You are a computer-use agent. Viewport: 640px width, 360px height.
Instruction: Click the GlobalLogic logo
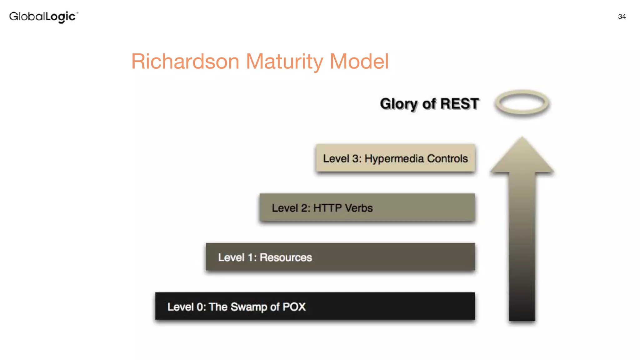point(43,17)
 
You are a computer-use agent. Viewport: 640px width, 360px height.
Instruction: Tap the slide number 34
point(622,17)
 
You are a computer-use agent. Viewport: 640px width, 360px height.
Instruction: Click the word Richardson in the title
point(185,61)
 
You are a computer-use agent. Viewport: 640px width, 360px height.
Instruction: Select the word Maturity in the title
point(284,61)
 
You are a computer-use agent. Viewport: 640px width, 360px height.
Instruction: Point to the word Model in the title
point(359,61)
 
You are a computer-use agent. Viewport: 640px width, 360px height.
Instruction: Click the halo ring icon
point(522,103)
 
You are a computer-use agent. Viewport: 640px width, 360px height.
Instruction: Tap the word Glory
point(398,104)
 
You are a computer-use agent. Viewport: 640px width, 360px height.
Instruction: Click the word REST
point(459,104)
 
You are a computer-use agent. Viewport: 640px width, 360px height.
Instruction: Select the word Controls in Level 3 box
point(447,158)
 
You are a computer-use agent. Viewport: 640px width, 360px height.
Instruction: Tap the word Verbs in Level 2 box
point(358,208)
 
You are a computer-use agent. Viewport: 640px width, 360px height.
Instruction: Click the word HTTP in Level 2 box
point(327,208)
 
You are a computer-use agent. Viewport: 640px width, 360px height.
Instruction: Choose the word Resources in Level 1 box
point(286,257)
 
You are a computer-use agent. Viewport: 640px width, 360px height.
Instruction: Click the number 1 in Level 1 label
point(250,257)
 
